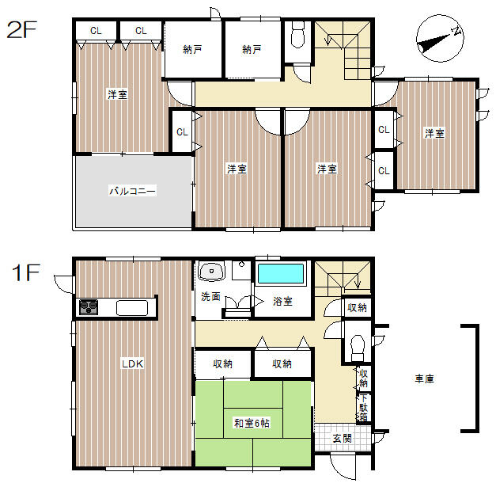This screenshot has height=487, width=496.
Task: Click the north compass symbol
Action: click(440, 38)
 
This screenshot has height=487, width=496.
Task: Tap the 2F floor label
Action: click(22, 29)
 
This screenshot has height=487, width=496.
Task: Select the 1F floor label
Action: click(26, 272)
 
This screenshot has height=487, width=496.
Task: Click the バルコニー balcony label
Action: click(133, 191)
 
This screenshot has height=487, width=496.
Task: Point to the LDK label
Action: click(133, 363)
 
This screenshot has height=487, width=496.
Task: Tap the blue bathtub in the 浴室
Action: click(281, 273)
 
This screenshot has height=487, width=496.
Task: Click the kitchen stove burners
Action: click(89, 306)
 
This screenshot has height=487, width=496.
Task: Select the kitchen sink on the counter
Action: click(132, 308)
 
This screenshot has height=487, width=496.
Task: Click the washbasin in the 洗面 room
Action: click(211, 272)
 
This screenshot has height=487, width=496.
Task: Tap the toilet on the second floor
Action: click(297, 34)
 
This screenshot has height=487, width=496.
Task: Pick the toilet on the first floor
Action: click(358, 348)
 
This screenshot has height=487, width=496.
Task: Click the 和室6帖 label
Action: click(252, 423)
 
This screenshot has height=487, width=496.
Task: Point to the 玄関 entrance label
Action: click(343, 439)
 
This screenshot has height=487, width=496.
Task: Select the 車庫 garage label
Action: click(424, 379)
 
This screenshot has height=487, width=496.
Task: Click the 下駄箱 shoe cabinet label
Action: click(363, 408)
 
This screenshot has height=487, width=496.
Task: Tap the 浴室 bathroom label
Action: click(282, 301)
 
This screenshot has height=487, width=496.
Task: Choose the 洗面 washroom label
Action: click(210, 297)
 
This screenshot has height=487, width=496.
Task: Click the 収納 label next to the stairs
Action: click(357, 307)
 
